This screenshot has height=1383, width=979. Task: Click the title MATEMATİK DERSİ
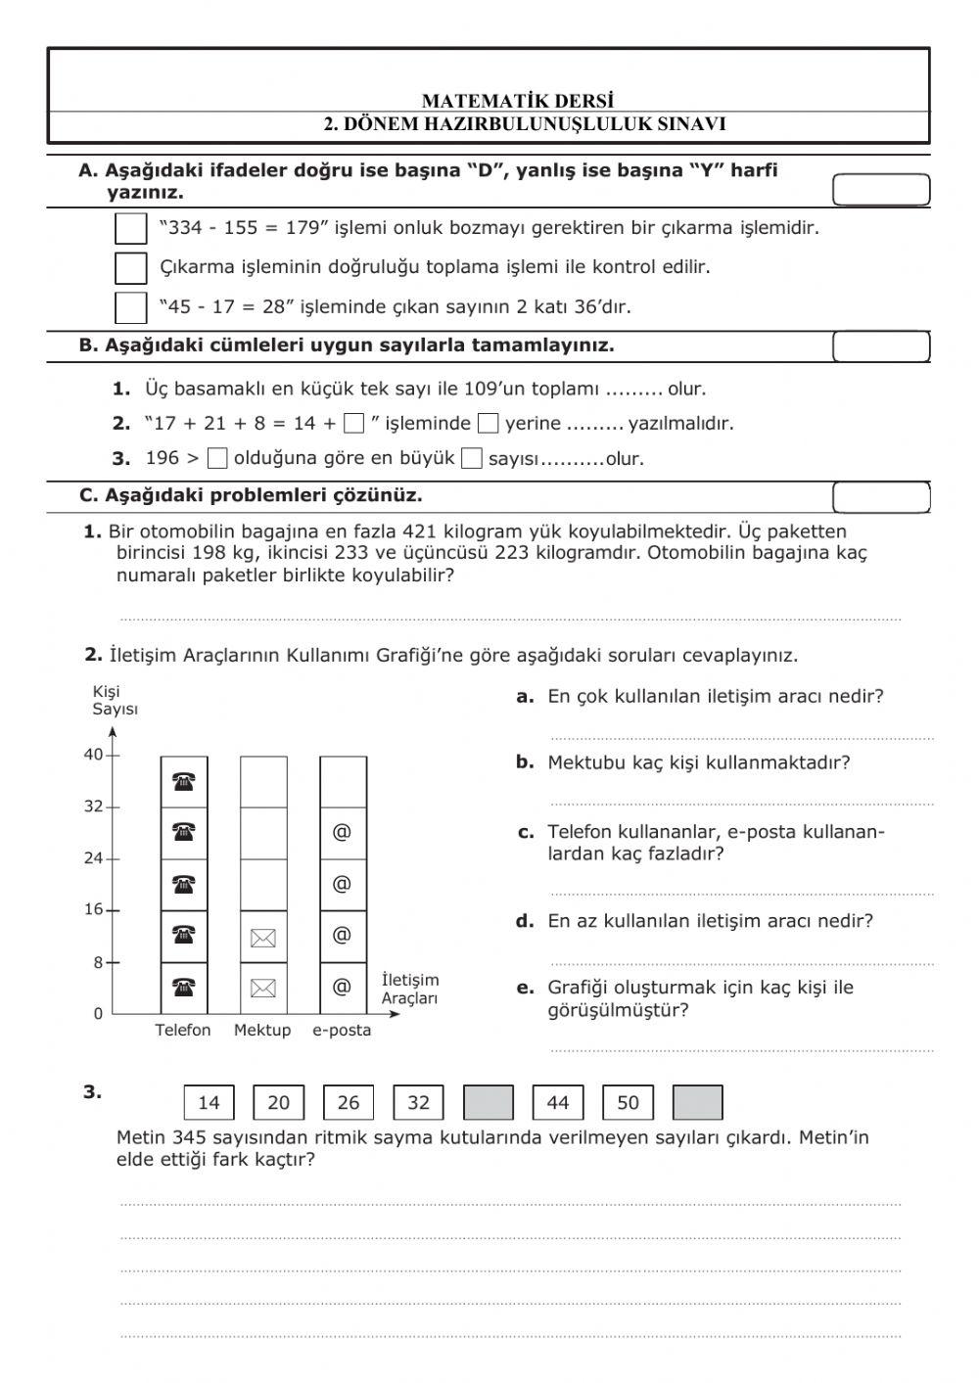[x=518, y=101]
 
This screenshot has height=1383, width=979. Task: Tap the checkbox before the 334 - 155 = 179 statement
[x=130, y=229]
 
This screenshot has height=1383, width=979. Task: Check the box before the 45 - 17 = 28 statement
[x=130, y=307]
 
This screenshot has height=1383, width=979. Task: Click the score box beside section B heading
[x=880, y=347]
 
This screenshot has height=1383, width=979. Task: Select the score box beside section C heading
[x=880, y=498]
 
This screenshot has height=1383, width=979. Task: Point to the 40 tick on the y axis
[x=94, y=755]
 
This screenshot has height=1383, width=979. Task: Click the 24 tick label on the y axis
[x=94, y=858]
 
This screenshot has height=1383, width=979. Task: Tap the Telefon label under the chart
[x=183, y=1030]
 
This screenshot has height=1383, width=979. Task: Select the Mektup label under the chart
[x=262, y=1030]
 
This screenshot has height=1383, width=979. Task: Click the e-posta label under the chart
[x=342, y=1030]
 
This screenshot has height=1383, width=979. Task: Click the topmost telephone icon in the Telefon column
[x=184, y=781]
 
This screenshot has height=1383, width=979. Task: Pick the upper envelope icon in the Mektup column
[x=263, y=939]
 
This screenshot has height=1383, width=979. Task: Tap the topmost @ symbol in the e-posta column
[x=342, y=832]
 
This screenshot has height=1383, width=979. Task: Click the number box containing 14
[x=209, y=1103]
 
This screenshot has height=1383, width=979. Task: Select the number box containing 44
[x=558, y=1103]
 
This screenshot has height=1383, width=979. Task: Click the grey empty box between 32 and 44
[x=488, y=1103]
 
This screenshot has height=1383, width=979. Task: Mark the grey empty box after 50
[x=698, y=1103]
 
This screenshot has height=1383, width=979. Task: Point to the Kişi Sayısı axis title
[x=115, y=701]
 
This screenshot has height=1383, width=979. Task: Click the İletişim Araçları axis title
[x=410, y=989]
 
